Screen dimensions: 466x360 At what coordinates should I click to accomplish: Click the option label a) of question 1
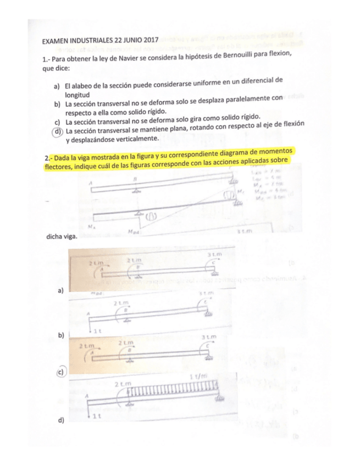(57, 87)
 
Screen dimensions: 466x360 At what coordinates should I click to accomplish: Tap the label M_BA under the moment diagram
(133, 232)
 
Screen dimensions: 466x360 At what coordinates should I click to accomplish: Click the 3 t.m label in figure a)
(214, 255)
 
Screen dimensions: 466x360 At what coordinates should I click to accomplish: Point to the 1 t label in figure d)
(96, 417)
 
